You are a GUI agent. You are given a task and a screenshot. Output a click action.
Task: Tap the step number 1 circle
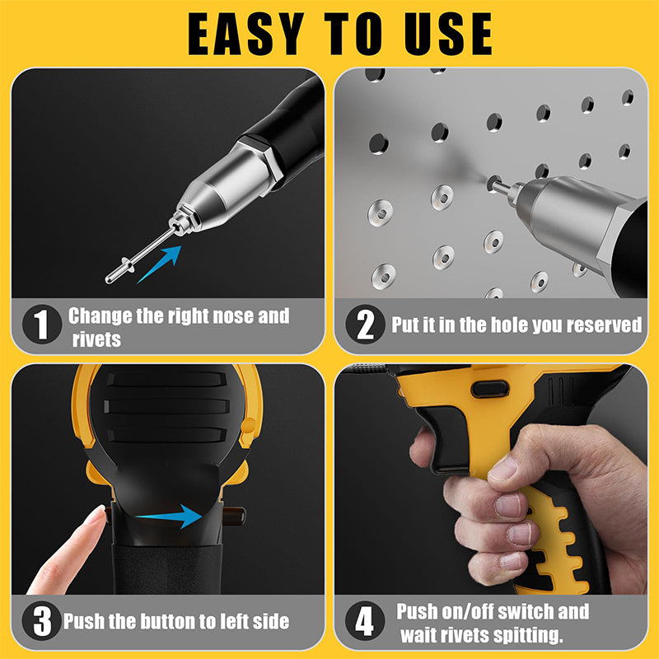point(41,325)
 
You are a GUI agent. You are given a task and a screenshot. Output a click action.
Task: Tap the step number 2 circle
point(365,325)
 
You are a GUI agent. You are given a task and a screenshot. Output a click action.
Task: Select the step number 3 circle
point(41,621)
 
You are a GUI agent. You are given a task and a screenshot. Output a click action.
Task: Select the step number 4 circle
point(365,621)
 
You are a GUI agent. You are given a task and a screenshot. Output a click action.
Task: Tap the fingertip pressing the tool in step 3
point(94,522)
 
